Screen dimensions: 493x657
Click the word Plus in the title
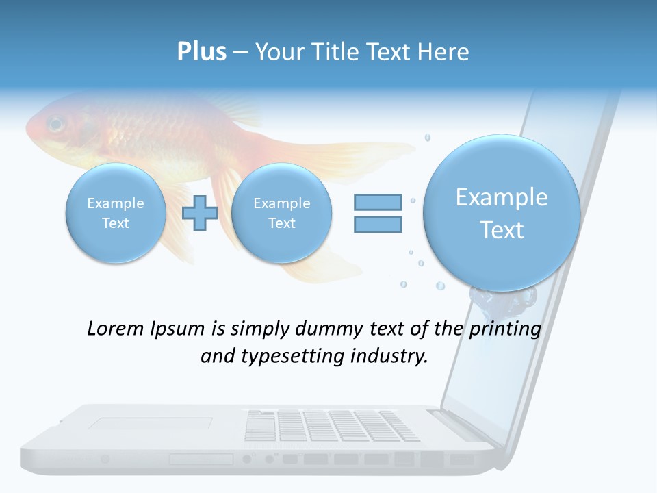tap(201, 52)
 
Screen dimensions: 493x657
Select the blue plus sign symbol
tap(200, 213)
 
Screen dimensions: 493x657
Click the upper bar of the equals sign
tap(378, 202)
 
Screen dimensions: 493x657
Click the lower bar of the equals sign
tap(378, 224)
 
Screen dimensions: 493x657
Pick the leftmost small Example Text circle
tap(115, 213)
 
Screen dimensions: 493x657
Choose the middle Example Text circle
tap(281, 213)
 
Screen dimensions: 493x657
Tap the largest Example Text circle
tap(502, 213)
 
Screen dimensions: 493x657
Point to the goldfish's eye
tap(55, 125)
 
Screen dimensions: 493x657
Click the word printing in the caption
tap(505, 329)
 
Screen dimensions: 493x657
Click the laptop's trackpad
tap(149, 425)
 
